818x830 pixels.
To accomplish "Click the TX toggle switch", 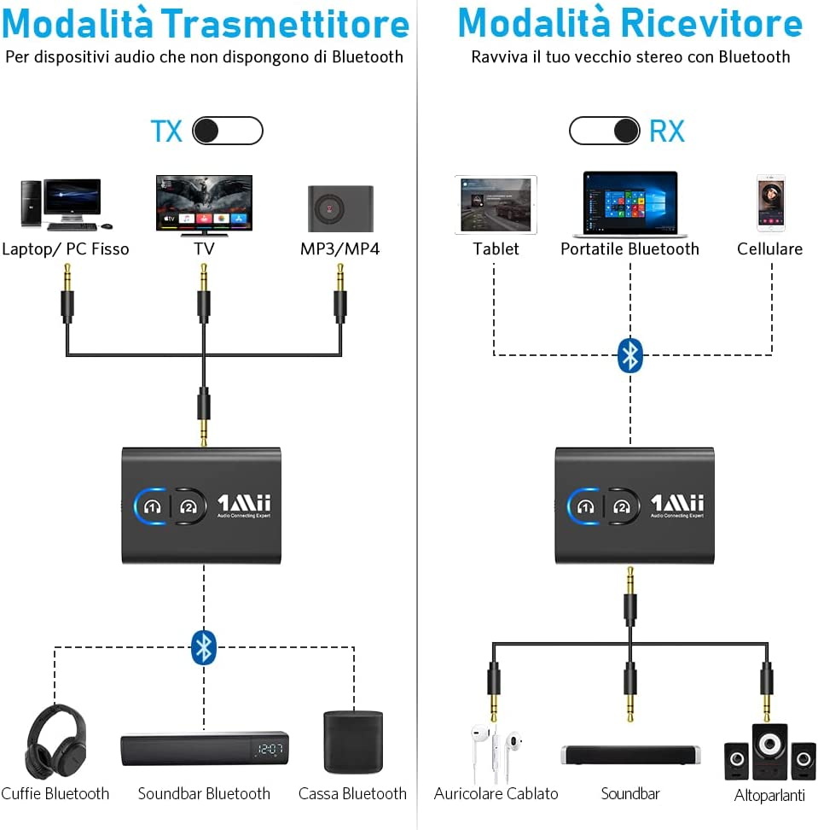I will tap(227, 131).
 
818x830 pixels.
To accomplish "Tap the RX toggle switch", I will tap(605, 131).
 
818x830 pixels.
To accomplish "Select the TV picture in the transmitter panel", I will tap(204, 202).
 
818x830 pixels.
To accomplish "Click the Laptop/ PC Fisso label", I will tap(66, 249).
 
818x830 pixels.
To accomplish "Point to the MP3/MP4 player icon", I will tap(340, 207).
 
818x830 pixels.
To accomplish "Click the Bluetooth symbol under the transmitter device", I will tap(203, 646).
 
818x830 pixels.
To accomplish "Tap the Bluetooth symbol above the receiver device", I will tap(629, 355).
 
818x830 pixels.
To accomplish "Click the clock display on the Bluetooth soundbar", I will tap(270, 750).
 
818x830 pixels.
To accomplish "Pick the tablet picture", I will tap(496, 205).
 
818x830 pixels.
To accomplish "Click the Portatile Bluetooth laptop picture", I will tap(629, 205).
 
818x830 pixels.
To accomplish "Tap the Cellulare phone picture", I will tap(771, 203).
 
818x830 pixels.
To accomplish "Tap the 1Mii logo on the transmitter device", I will tap(244, 504).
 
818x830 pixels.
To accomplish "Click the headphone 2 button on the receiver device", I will tap(623, 506).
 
